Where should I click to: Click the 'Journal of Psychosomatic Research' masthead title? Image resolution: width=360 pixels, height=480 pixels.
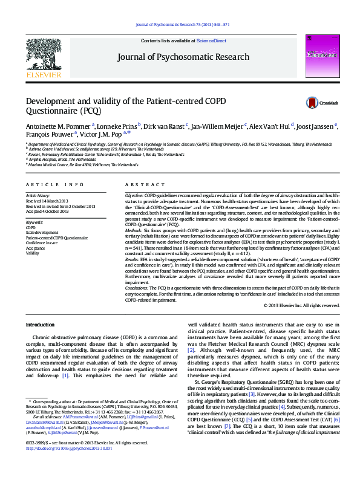pos(178,57)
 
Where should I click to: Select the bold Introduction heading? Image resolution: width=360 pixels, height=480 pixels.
pos(40,325)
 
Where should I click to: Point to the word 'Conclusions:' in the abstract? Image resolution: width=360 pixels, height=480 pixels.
pos(137,288)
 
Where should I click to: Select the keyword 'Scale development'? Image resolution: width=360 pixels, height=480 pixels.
pos(42,233)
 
